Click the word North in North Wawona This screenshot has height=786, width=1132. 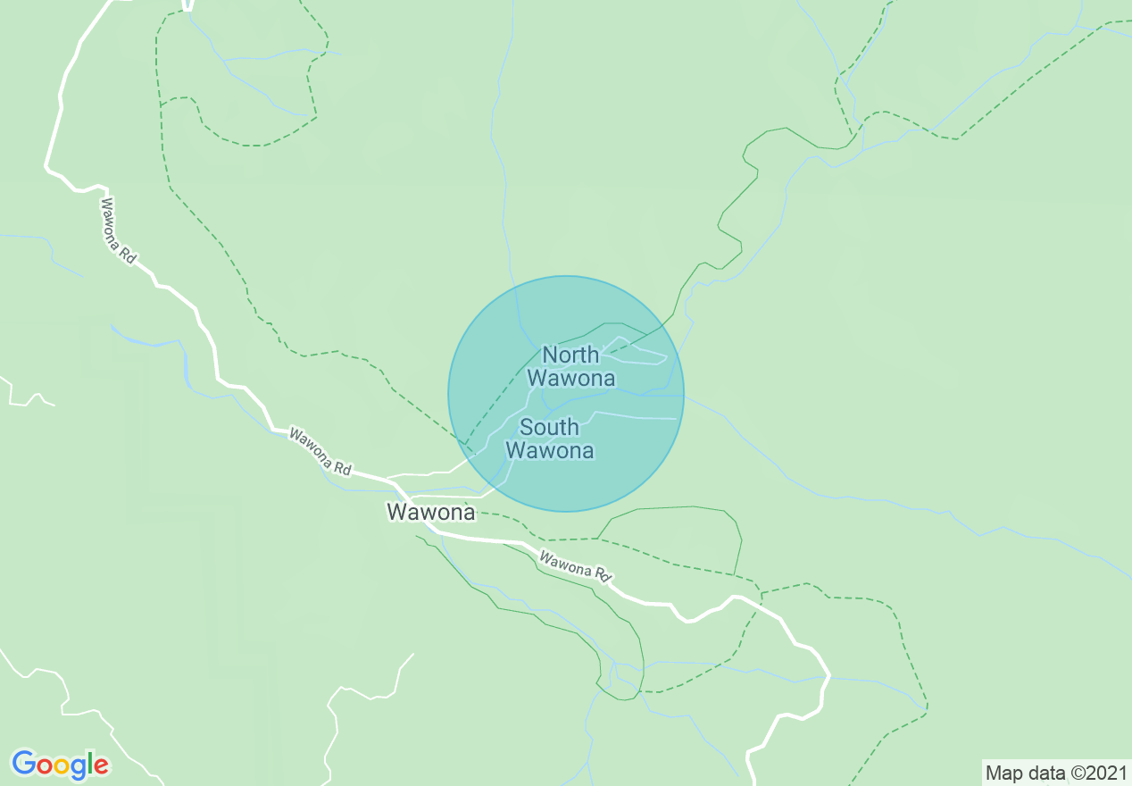pyautogui.click(x=570, y=355)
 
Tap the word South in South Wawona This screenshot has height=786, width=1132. pyautogui.click(x=549, y=427)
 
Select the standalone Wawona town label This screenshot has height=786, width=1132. pyautogui.click(x=430, y=512)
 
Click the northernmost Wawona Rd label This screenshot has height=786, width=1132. pyautogui.click(x=118, y=230)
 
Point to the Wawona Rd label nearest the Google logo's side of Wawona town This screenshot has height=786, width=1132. pyautogui.click(x=320, y=450)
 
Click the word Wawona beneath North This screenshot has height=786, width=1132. pyautogui.click(x=570, y=378)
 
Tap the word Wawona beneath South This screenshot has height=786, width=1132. pyautogui.click(x=550, y=450)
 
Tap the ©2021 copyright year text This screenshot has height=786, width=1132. pyautogui.click(x=1097, y=773)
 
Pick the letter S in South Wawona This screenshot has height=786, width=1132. pyautogui.click(x=527, y=427)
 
